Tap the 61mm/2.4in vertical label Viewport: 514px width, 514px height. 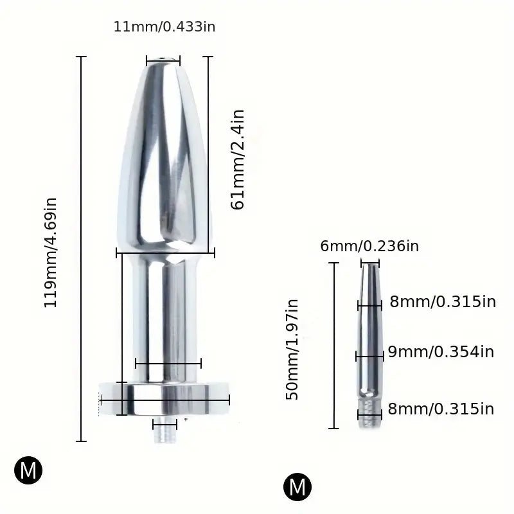coord(238,160)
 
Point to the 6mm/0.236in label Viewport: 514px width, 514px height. coord(369,246)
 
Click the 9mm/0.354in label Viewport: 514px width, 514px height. coord(441,351)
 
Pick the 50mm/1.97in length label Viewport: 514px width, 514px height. coord(293,350)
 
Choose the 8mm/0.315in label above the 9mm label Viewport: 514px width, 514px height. coord(443,302)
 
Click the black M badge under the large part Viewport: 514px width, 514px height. coord(28,471)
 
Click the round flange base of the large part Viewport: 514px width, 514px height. coord(164,399)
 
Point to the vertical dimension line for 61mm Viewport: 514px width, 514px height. coord(208,154)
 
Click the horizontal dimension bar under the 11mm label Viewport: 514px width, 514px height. coord(163,62)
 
